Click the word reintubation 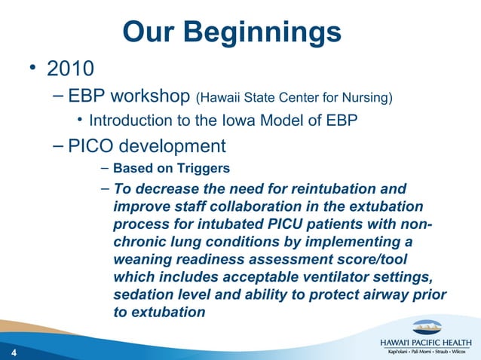[326, 189]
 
